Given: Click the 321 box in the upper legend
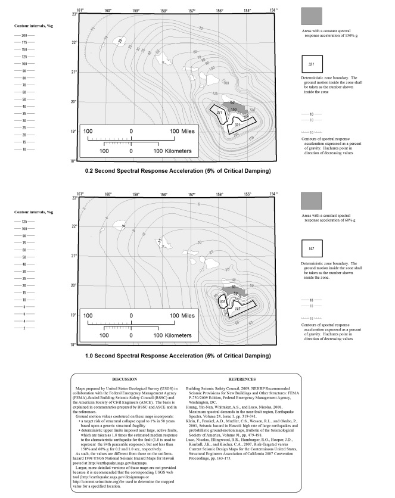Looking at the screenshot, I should [x=312, y=64].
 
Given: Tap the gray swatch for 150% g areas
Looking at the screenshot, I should [x=312, y=16].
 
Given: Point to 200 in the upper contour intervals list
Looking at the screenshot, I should [x=24, y=36].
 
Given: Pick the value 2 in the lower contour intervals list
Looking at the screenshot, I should [x=24, y=328].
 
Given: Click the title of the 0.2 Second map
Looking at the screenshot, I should [x=178, y=171].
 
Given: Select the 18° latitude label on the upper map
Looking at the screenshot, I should [x=73, y=161].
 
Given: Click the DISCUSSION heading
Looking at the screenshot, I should [x=125, y=379].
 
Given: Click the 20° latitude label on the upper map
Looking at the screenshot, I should [x=73, y=102].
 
